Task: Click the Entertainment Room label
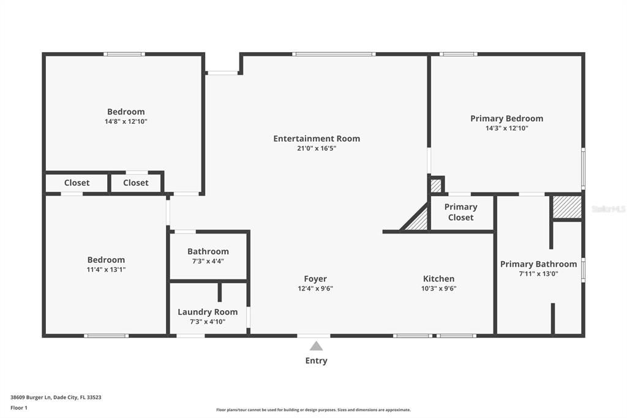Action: [317, 139]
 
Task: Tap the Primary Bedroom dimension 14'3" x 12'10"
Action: [506, 128]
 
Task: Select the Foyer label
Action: [315, 279]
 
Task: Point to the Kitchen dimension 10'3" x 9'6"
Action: [438, 289]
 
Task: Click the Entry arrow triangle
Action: [316, 346]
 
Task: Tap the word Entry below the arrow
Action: [316, 361]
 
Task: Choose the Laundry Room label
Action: [208, 312]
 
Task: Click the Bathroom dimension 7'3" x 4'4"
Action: [208, 261]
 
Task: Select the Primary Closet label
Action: [460, 212]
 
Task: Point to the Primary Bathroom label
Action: [538, 264]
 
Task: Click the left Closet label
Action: [77, 183]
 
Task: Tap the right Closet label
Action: [135, 183]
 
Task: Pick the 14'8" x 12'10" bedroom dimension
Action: [126, 121]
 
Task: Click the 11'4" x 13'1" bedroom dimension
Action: [106, 270]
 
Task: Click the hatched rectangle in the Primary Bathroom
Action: [567, 207]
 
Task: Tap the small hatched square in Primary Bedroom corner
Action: [436, 185]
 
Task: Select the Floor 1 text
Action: [19, 408]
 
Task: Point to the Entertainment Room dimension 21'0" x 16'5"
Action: [317, 148]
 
